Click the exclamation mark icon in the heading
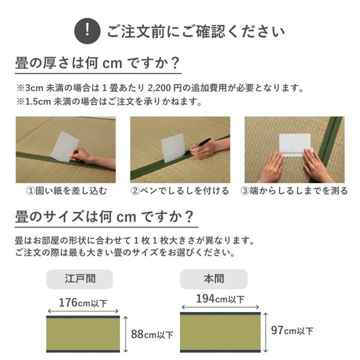(89, 29)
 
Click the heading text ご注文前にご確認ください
(195, 30)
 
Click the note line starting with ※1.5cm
(109, 102)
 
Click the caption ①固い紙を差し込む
(66, 191)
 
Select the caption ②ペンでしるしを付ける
(180, 191)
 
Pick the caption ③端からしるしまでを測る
(294, 191)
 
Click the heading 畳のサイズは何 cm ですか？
(104, 216)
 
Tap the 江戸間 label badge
(80, 279)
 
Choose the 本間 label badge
(214, 279)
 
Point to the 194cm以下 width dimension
(220, 298)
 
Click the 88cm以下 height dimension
(152, 334)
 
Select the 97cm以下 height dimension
(290, 331)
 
